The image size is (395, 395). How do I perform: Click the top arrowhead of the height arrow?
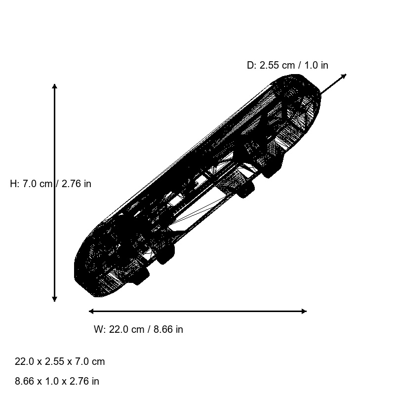(55, 85)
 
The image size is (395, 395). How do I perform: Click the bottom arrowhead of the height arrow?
(55, 300)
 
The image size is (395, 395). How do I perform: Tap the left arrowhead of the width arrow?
(90, 311)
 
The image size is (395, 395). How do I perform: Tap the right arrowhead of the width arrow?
(305, 311)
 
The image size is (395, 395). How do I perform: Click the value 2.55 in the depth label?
(270, 65)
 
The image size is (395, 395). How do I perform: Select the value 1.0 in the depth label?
(311, 65)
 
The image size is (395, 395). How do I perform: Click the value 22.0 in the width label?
(118, 329)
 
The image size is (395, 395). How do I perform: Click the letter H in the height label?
(13, 184)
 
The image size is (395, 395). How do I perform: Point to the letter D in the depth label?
(250, 65)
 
